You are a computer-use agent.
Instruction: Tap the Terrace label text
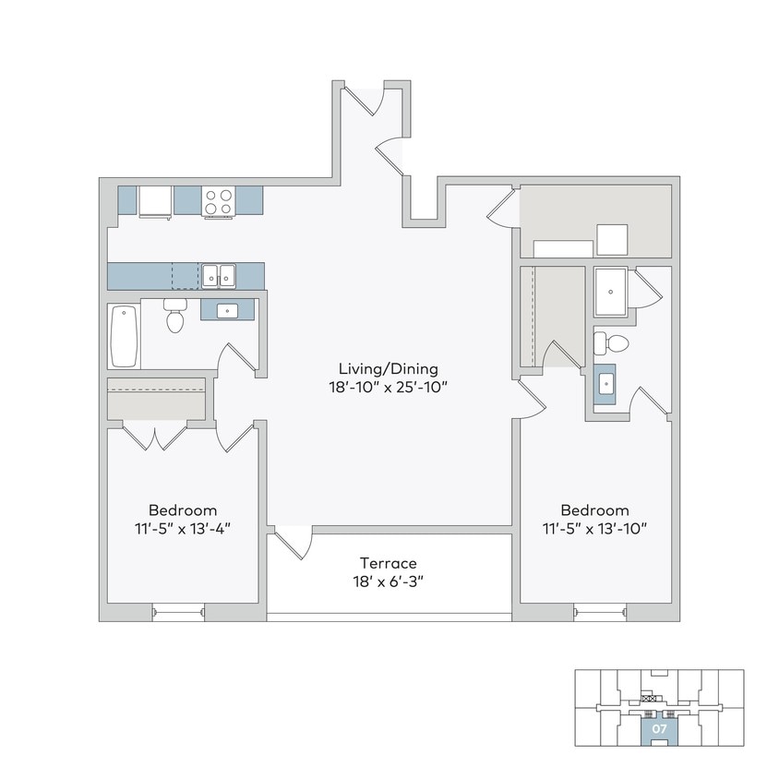tap(389, 563)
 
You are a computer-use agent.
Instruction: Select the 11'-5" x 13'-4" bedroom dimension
tap(183, 529)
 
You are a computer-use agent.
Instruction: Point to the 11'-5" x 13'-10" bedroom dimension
tap(595, 529)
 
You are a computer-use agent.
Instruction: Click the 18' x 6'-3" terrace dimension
tap(389, 581)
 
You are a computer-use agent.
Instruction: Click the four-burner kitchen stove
tap(218, 200)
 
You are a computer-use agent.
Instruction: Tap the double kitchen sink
tap(219, 275)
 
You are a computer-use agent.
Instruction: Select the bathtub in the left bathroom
tap(124, 336)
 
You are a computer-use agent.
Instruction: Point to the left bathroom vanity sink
tap(227, 311)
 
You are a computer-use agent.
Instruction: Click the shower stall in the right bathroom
tap(610, 293)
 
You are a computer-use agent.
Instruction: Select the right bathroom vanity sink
tap(606, 383)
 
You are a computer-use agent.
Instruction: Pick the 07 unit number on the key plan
tap(659, 728)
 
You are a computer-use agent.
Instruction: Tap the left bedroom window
tap(177, 611)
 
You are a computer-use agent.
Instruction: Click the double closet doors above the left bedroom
tap(155, 437)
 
